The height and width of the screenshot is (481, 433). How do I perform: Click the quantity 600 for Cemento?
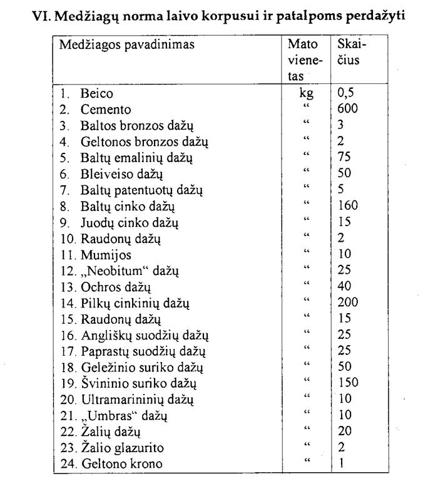(x=347, y=109)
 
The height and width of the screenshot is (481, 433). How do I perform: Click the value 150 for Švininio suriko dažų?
(x=348, y=383)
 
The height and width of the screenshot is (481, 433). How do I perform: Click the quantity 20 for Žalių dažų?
(x=344, y=432)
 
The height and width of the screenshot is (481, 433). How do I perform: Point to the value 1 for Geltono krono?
(x=340, y=464)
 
